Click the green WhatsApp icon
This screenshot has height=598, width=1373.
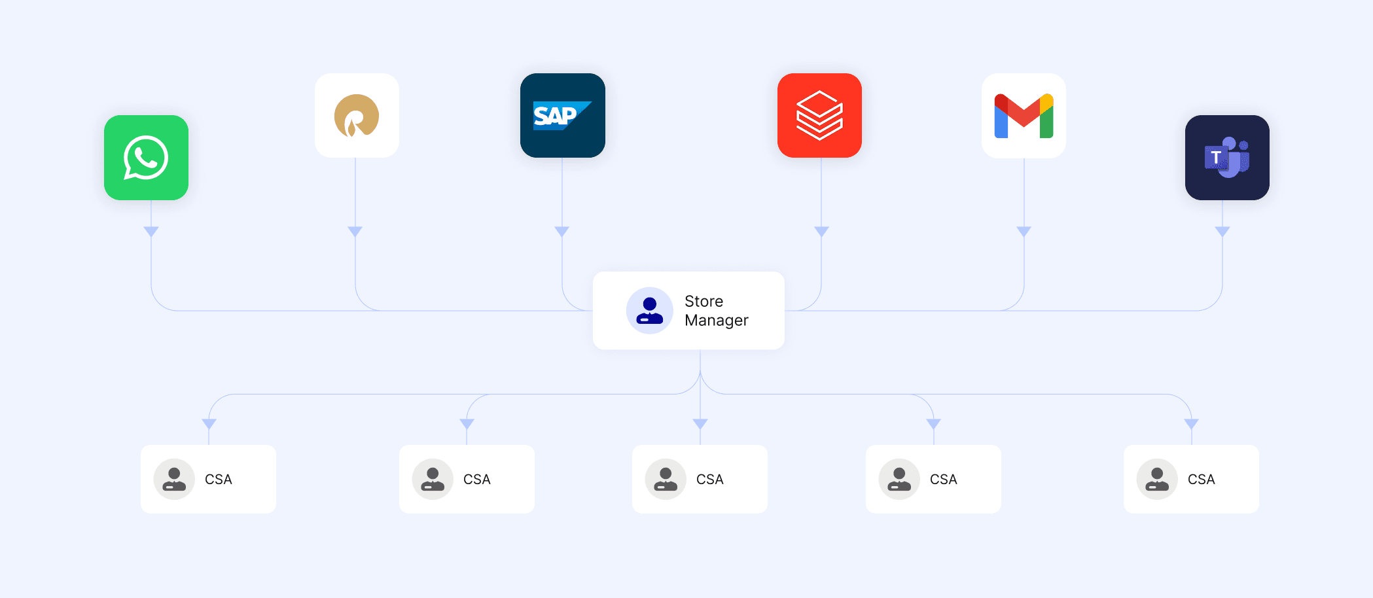(x=146, y=158)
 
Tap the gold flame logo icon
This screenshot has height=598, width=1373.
(x=357, y=116)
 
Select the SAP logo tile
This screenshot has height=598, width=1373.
(x=562, y=116)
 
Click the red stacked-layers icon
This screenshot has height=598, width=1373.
(x=819, y=116)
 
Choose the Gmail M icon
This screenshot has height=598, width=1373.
(x=1024, y=116)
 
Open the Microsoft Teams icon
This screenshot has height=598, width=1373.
(x=1227, y=158)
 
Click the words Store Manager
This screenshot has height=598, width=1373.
(x=716, y=311)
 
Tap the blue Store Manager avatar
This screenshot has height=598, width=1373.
(x=649, y=311)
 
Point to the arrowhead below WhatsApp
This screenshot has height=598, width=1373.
(x=151, y=232)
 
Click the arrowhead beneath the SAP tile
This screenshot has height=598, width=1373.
(x=562, y=232)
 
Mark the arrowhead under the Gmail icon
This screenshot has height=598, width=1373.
(x=1024, y=232)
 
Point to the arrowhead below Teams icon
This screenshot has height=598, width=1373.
(x=1222, y=232)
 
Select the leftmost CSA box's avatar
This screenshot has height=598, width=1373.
(x=174, y=479)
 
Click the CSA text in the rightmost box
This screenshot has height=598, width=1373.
(x=1201, y=480)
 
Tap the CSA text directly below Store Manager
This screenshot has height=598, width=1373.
(x=709, y=480)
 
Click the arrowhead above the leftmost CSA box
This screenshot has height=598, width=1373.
(x=209, y=424)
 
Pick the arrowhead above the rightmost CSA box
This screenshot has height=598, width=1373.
(x=1191, y=424)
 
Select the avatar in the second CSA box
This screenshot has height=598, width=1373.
(x=433, y=479)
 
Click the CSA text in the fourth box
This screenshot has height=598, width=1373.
(x=943, y=480)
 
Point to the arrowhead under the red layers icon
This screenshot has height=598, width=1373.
(x=821, y=232)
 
